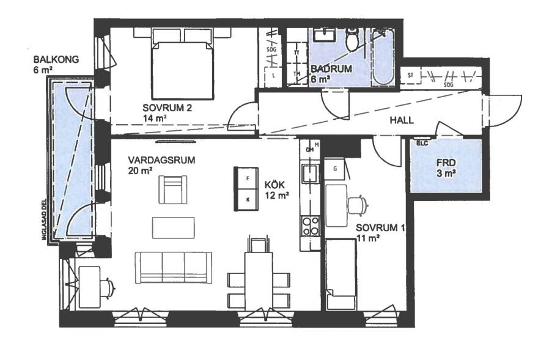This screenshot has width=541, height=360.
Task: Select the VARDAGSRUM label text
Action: coord(152,160)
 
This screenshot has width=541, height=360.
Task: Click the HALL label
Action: coord(402,120)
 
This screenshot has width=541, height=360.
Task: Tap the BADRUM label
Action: coord(331,70)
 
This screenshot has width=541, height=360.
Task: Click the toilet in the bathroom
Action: coord(353,40)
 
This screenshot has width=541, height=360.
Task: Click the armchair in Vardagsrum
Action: coord(173,189)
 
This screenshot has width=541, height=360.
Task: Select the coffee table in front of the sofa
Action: coord(174,228)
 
